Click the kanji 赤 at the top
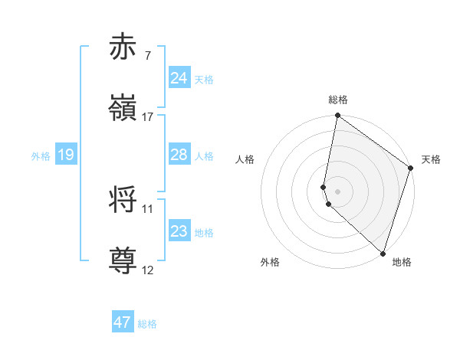pos(123,47)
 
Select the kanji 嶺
pos(123,107)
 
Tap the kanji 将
pos(123,201)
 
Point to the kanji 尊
pos(123,260)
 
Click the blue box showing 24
pos(179,78)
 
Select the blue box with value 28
pos(179,155)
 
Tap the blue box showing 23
pos(179,231)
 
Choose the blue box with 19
pos(66,155)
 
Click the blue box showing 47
pos(123,322)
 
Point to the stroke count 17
pos(148,117)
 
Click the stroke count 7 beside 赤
pos(147,56)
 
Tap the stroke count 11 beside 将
pos(148,208)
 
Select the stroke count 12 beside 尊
pos(148,270)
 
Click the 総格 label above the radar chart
pos(338,100)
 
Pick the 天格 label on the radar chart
pos(431,159)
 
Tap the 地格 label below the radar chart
pos(402,262)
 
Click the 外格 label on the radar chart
pos(270,262)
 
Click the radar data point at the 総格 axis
pos(337,116)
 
